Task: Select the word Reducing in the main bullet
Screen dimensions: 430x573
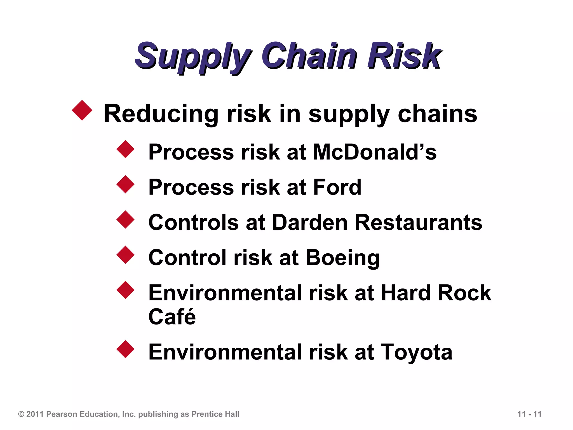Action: click(x=161, y=114)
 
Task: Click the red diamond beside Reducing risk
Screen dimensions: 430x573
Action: click(x=82, y=110)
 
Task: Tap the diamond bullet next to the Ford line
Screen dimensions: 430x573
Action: click(x=126, y=184)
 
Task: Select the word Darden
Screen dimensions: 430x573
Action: click(x=309, y=222)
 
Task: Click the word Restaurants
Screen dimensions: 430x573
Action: click(x=419, y=222)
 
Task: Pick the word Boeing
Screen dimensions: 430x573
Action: click(x=343, y=258)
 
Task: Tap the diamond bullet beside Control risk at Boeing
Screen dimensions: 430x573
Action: click(x=126, y=255)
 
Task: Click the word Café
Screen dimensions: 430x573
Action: click(x=172, y=317)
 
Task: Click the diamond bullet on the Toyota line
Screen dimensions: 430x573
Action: click(x=126, y=349)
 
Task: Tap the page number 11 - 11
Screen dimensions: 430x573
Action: click(x=529, y=414)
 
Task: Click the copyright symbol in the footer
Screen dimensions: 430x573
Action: click(x=21, y=414)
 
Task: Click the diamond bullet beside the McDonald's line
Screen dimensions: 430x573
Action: click(x=126, y=149)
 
